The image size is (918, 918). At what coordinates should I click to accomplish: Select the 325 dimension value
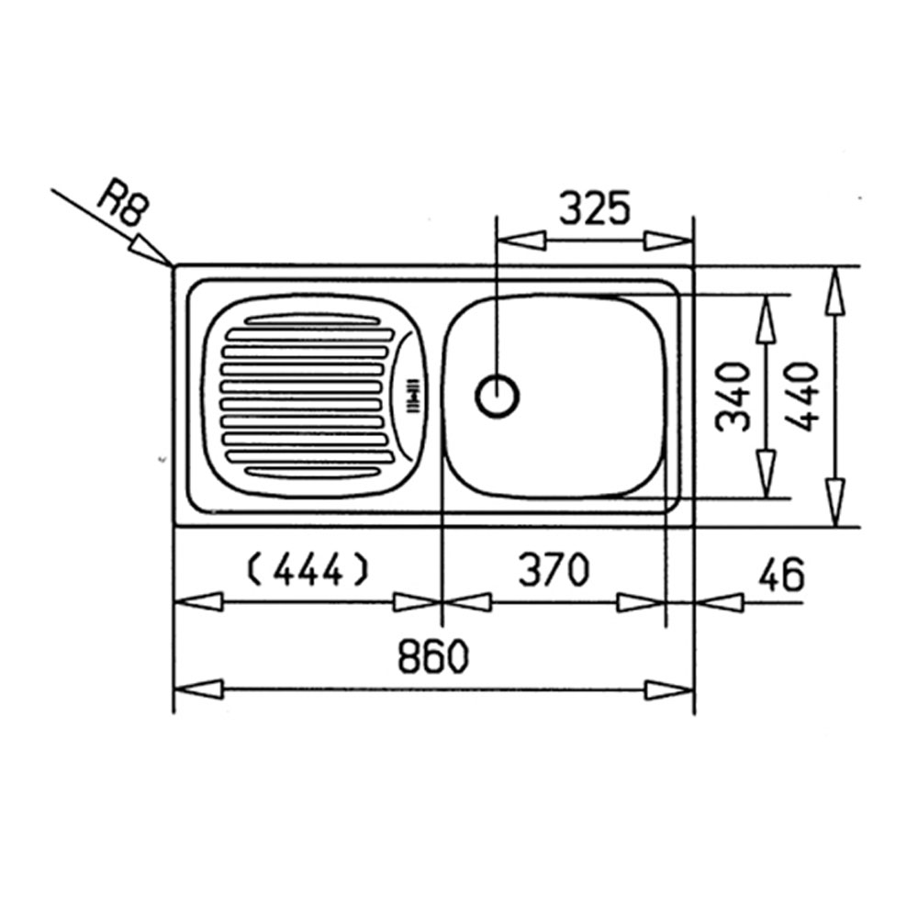point(596,208)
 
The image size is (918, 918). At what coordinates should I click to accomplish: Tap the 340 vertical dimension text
point(733,397)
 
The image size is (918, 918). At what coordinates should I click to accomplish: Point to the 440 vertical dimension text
point(800,397)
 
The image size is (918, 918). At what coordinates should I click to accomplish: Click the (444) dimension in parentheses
point(308,570)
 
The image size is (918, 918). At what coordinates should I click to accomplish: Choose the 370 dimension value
point(554,570)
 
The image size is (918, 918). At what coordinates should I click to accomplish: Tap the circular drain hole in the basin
point(497,396)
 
